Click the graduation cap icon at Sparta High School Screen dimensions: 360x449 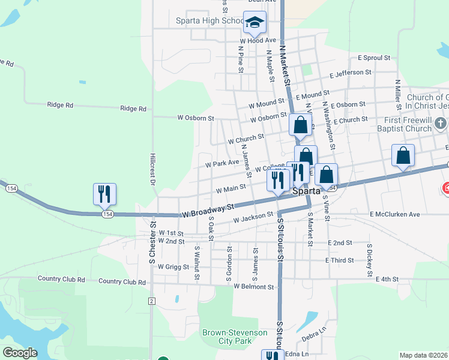point(255,23)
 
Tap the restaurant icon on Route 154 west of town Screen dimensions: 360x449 point(104,193)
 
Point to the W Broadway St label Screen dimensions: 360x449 point(208,210)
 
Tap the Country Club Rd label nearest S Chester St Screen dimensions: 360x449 point(122,281)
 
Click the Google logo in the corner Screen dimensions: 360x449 point(20,353)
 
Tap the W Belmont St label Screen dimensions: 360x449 point(254,287)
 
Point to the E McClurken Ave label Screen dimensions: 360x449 point(394,214)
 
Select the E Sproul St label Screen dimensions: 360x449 point(374,58)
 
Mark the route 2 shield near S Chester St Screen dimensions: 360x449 point(152,301)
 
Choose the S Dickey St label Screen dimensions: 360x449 point(370,260)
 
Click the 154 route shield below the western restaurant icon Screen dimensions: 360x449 point(107,214)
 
